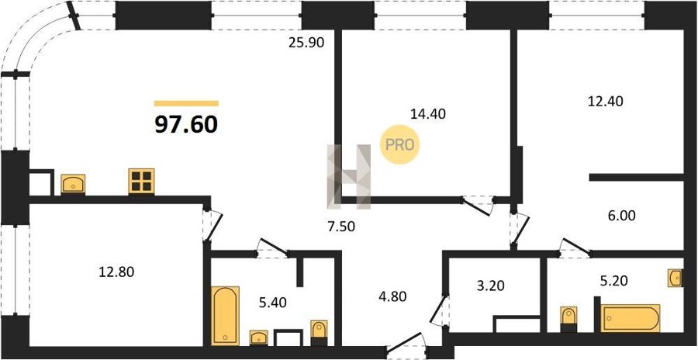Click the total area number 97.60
pyautogui.click(x=186, y=125)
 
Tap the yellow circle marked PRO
pyautogui.click(x=399, y=145)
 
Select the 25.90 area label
pyautogui.click(x=306, y=43)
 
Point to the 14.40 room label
pyautogui.click(x=427, y=113)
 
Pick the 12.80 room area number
pyautogui.click(x=116, y=272)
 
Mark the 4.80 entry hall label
pyautogui.click(x=392, y=296)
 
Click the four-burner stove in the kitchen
pyautogui.click(x=142, y=181)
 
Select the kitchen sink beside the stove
pyautogui.click(x=73, y=184)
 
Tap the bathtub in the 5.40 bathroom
pyautogui.click(x=225, y=316)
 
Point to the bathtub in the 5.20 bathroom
pyautogui.click(x=631, y=318)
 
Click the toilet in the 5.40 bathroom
pyautogui.click(x=319, y=332)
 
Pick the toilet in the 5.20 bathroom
pyautogui.click(x=568, y=319)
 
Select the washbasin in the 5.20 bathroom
pyautogui.click(x=676, y=278)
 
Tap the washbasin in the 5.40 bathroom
pyautogui.click(x=258, y=337)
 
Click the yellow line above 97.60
pyautogui.click(x=186, y=103)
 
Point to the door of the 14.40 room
pyautogui.click(x=478, y=206)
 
